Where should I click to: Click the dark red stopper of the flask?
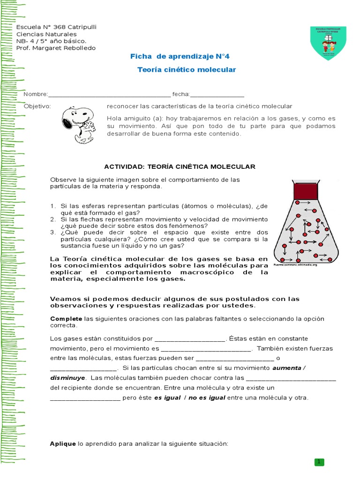point(307,190)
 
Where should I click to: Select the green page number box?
point(320,462)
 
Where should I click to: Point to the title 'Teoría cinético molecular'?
point(187,70)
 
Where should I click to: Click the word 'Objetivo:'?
point(37,106)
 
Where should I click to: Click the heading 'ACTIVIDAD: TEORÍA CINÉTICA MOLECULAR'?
point(180,166)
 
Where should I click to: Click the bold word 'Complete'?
point(66,319)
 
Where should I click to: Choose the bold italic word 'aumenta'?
point(287,368)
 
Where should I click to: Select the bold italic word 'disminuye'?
point(67,377)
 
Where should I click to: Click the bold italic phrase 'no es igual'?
point(207,397)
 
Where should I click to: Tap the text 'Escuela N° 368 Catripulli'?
point(56,27)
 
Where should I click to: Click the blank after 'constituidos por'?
point(190,338)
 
